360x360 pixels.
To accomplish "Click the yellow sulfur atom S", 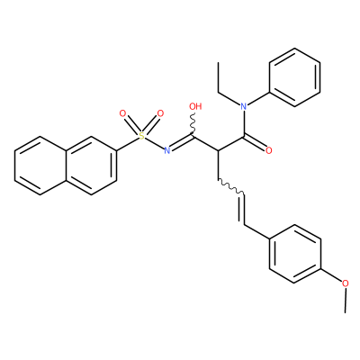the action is [141, 136].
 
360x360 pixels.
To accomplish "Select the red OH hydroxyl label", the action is [195, 106].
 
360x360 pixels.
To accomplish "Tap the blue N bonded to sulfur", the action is [167, 150].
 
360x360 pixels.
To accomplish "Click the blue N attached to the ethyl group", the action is [244, 106].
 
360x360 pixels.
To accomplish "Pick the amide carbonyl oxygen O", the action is [269, 150].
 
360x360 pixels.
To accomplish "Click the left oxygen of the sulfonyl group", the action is [122, 113].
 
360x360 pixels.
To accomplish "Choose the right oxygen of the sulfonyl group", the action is [160, 113].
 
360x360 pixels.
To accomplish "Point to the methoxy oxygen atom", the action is [346, 283].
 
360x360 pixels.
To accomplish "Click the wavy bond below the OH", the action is [193, 124].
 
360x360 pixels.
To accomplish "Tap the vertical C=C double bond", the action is [243, 210].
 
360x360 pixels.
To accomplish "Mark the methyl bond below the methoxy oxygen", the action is [346, 301].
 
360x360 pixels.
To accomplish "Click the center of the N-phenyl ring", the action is [294, 77].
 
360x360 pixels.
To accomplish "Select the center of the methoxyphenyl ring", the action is [294, 254].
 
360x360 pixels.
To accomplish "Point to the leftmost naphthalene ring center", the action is [40, 166].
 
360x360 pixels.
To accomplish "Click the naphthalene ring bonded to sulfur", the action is [91, 166].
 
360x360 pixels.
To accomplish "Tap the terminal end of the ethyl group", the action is [218, 63].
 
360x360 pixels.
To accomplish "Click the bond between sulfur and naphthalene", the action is [127, 144].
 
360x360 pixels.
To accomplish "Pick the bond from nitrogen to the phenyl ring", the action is [258, 99].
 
